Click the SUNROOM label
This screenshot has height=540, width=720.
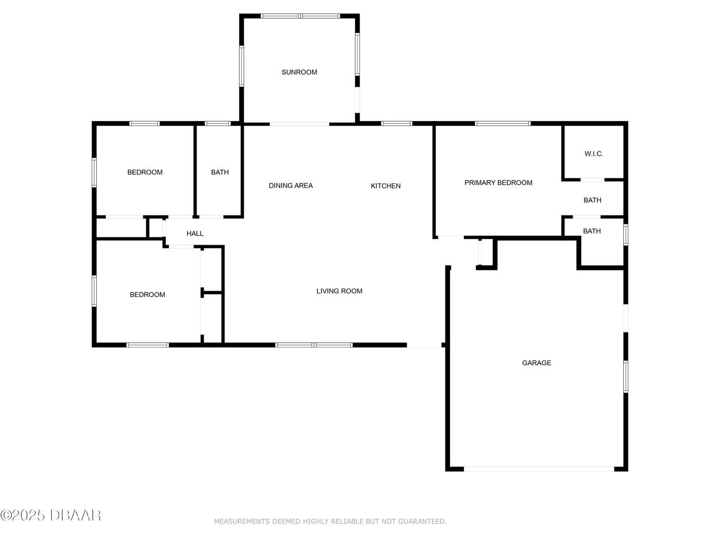299,72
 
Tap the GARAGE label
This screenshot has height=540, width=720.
537,363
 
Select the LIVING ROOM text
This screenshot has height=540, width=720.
339,291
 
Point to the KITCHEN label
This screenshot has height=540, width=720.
386,186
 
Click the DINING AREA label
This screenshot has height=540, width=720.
291,186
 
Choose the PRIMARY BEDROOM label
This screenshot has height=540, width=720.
498,182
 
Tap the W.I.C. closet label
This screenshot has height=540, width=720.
594,154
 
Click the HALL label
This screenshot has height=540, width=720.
195,233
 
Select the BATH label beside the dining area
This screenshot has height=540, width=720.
220,172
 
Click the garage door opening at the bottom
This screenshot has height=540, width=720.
539,468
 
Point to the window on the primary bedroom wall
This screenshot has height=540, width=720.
502,123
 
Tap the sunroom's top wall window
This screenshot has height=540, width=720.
300,16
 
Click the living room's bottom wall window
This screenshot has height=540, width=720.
314,344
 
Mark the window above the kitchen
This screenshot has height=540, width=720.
397,123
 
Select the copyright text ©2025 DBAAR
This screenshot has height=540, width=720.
51,515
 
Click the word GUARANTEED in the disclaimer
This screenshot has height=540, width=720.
422,521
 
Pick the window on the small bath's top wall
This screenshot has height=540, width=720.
218,123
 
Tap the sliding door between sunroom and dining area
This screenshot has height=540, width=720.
299,124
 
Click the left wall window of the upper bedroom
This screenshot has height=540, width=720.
94,172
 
